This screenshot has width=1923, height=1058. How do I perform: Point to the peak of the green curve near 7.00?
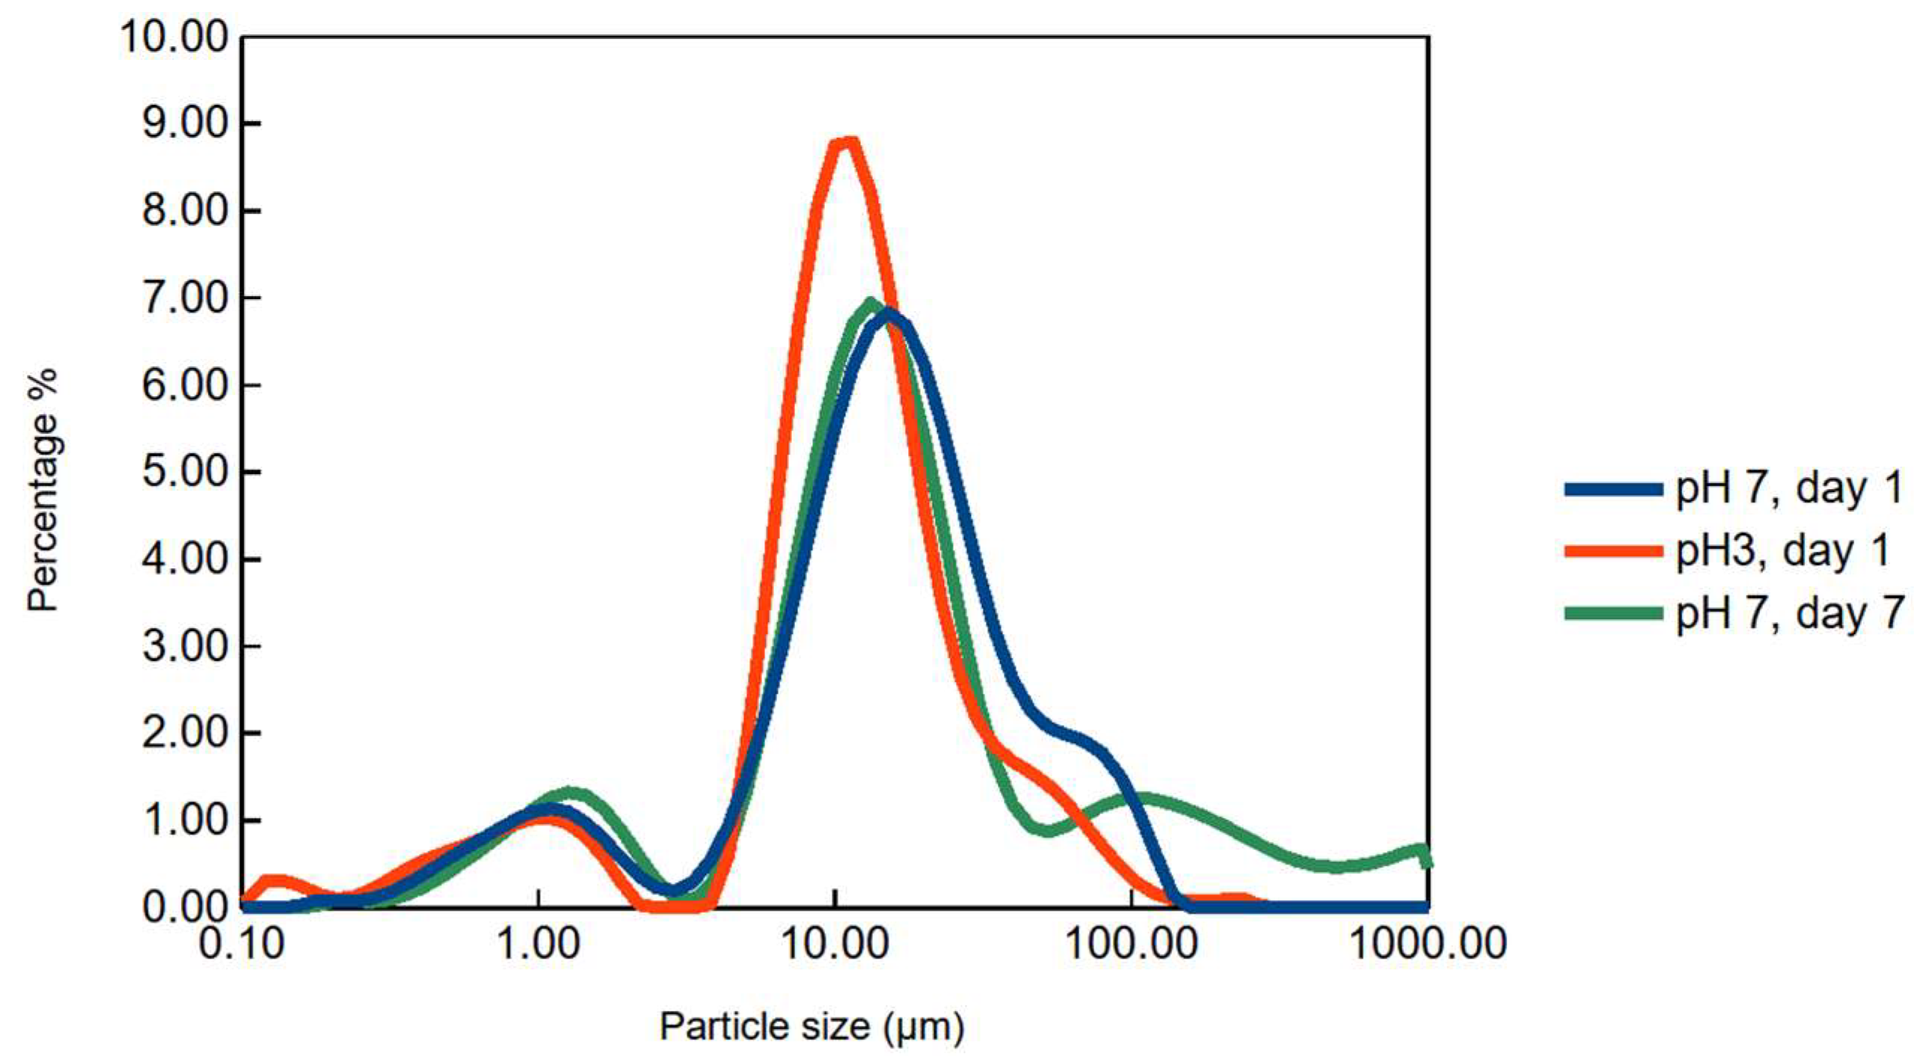tap(869, 303)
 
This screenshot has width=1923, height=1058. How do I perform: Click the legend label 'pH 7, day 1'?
tap(1788, 489)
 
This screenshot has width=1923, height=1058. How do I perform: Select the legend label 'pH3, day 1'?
tap(1782, 551)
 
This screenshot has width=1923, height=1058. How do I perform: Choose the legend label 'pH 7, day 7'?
tap(1788, 613)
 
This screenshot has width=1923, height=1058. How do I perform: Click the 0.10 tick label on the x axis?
tap(241, 944)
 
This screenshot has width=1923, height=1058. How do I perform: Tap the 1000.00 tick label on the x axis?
tap(1428, 944)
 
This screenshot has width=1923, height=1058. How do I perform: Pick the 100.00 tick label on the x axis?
tap(1132, 944)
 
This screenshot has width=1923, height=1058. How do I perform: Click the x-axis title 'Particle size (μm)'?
tap(812, 1026)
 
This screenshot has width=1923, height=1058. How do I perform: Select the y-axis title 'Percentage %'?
tap(43, 490)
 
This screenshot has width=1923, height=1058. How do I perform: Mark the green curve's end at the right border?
tap(1426, 860)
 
